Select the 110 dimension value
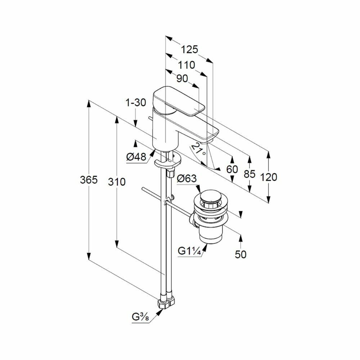tap(186, 65)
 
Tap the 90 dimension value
tap(182, 79)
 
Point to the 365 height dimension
tap(89, 180)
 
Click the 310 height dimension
tap(117, 182)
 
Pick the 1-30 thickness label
tap(136, 103)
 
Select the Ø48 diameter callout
tap(136, 157)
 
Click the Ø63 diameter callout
tap(186, 178)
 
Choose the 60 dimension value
tap(233, 169)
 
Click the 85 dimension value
tap(249, 174)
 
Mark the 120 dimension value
tap(268, 177)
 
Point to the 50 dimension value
tap(240, 254)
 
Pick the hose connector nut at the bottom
tap(167, 302)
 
